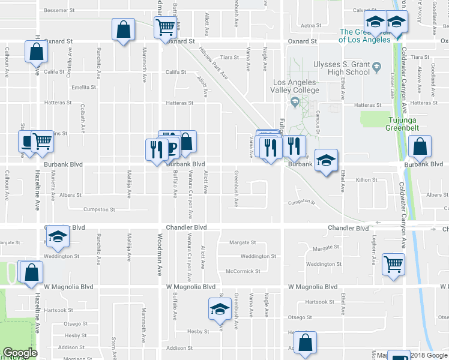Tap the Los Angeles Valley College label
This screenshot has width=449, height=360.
point(296,86)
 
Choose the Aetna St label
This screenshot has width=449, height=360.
point(311,25)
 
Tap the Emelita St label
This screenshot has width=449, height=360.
point(83,87)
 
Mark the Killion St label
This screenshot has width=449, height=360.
point(366,179)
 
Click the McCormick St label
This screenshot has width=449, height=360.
point(243,271)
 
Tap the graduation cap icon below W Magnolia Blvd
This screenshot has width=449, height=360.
point(220,310)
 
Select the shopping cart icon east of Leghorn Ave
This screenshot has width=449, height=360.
point(393,262)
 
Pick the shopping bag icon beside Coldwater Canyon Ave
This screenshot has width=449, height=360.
point(420,146)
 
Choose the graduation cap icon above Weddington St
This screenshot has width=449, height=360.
point(58,237)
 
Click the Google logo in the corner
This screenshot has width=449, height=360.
point(20,353)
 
